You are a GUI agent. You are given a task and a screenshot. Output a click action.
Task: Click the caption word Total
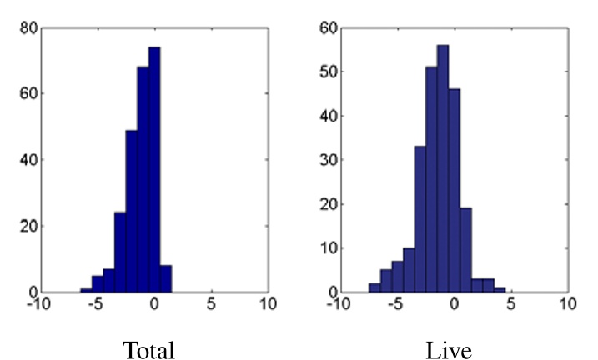148,349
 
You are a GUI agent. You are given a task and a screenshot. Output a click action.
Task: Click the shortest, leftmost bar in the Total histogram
86,290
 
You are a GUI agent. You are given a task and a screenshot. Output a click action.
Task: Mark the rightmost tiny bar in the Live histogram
500,289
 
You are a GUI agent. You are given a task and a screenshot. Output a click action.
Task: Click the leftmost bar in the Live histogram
374,287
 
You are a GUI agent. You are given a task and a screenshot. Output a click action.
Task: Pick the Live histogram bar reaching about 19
465,250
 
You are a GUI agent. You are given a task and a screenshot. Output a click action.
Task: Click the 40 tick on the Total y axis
28,159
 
